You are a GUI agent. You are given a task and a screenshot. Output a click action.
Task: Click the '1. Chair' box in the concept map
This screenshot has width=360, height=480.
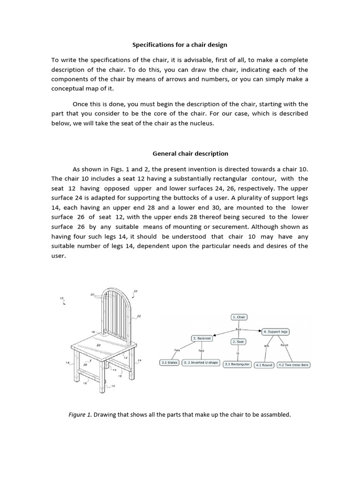point(239,317)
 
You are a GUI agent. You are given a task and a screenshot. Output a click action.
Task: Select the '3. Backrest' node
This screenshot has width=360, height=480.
point(201,338)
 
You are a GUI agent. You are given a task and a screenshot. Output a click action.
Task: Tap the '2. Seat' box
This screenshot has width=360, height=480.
point(238,342)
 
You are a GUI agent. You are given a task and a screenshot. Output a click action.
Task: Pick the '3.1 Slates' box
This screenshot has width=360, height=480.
point(169,363)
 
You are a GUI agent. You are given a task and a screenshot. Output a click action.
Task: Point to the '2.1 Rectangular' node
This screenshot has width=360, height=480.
point(238,364)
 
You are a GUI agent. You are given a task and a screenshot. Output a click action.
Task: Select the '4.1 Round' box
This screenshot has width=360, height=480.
point(264,365)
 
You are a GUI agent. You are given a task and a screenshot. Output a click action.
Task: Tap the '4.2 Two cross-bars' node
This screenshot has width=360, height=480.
point(294,365)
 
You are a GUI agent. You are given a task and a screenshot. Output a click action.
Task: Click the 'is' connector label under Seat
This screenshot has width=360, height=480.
point(238,353)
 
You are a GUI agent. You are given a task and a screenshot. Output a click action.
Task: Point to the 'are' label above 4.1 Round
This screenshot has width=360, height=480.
point(266,346)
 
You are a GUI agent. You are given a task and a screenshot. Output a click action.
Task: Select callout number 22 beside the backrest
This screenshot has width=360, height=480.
point(139,316)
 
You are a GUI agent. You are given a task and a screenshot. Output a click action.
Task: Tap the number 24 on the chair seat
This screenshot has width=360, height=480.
point(98,345)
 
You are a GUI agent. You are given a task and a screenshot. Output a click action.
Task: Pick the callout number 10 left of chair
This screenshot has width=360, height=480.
point(61,298)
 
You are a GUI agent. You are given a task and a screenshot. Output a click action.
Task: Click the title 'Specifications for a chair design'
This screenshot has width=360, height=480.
point(180,45)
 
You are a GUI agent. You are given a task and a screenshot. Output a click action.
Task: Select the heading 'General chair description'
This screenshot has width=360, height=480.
point(190,153)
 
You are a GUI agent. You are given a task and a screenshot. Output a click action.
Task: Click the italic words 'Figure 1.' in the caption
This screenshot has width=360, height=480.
point(80,414)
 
